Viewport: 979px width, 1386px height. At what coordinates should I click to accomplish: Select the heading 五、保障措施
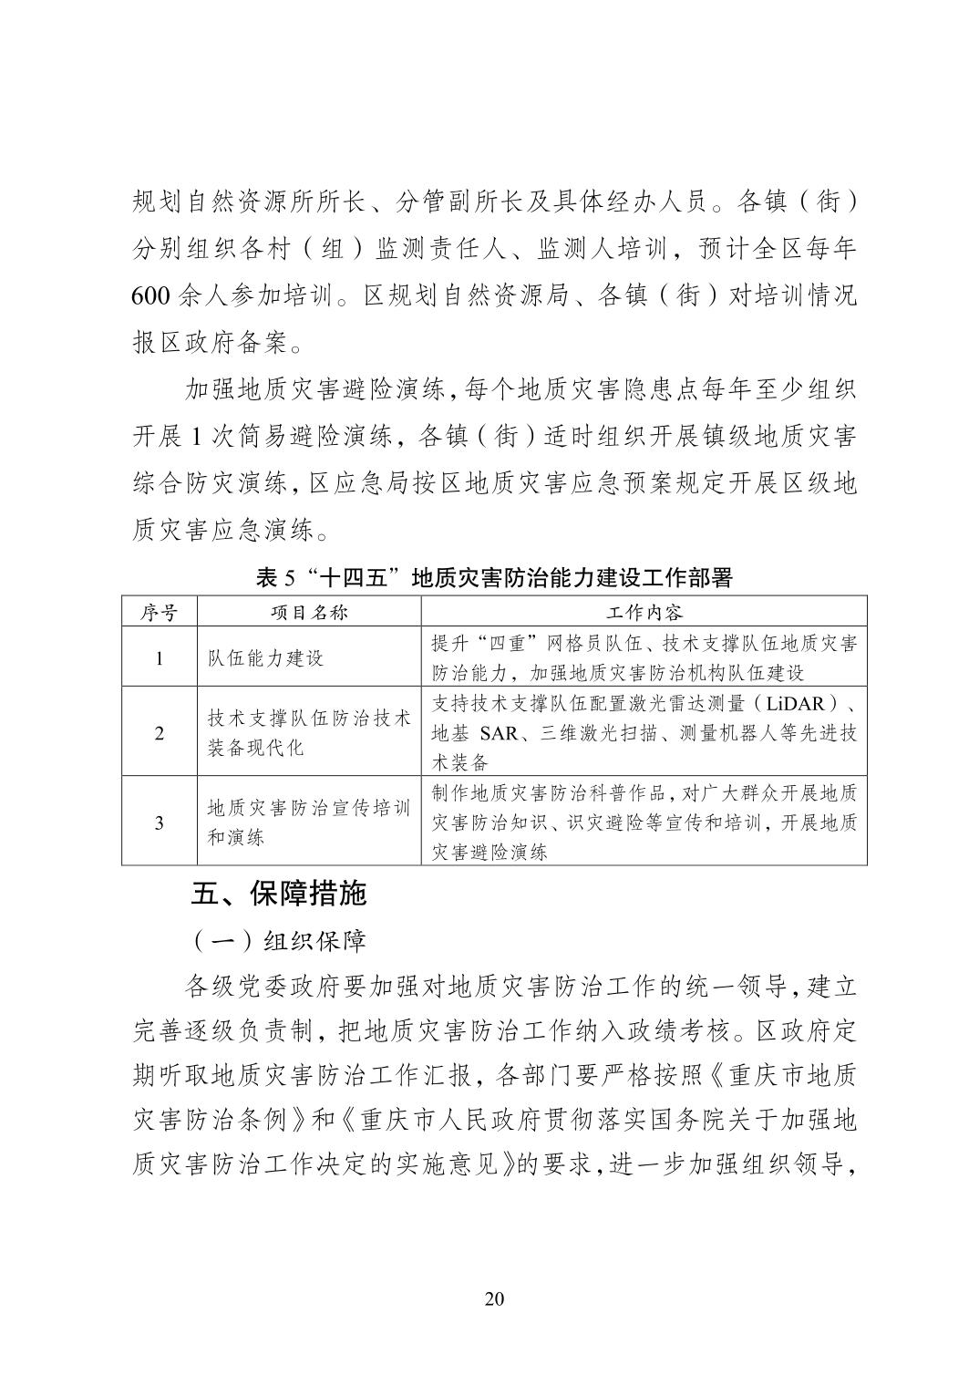(x=278, y=893)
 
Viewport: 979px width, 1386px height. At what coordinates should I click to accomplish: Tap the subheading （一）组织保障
(x=276, y=939)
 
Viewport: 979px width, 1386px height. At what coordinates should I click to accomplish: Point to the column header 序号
(x=160, y=612)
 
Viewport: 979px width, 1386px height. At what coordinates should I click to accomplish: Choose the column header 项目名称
(x=308, y=612)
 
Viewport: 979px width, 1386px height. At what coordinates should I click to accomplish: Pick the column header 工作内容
(x=644, y=612)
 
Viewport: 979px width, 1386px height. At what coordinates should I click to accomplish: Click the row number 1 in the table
(x=160, y=658)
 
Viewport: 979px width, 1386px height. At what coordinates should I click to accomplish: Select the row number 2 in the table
(x=160, y=733)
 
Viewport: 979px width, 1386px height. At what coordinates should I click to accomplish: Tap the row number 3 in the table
(x=160, y=822)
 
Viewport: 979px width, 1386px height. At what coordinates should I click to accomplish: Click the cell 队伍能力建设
(x=265, y=658)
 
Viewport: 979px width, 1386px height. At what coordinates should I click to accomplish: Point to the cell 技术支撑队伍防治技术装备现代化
(x=308, y=733)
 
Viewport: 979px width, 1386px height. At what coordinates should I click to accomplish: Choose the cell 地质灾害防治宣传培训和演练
(x=308, y=822)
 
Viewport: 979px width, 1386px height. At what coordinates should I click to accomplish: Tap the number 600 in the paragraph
(x=149, y=297)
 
